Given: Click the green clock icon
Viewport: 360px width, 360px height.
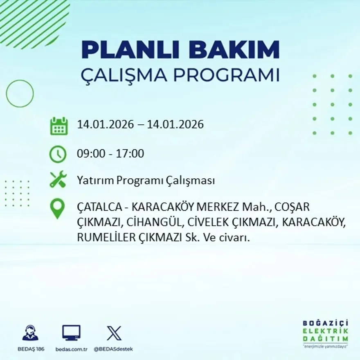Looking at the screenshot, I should (58, 154).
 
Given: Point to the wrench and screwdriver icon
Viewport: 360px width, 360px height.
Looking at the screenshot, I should (58, 180).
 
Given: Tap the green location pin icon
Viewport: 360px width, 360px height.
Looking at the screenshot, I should (57, 208).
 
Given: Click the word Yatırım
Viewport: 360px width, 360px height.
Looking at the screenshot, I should (95, 180).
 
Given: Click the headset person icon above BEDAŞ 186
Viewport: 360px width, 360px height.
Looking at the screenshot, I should (30, 333).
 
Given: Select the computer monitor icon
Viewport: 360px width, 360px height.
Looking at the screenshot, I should (71, 333).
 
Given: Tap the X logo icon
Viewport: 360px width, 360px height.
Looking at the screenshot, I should (113, 333).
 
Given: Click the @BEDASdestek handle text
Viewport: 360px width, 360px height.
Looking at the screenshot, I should (113, 349).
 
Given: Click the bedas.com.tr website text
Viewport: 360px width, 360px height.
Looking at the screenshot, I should (72, 349).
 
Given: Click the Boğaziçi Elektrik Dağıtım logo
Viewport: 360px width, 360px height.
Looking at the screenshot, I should (326, 333).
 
